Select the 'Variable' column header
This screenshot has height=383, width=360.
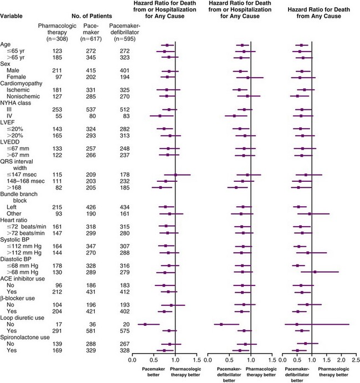[x=12, y=15]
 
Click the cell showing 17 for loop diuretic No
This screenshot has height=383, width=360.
[x=52, y=324]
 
